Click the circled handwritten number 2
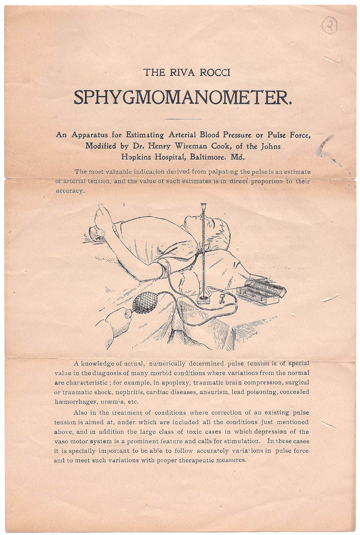pyautogui.click(x=329, y=26)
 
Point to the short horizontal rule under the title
pyautogui.click(x=183, y=119)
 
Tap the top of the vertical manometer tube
pyautogui.click(x=204, y=206)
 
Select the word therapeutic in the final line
pyautogui.click(x=189, y=460)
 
